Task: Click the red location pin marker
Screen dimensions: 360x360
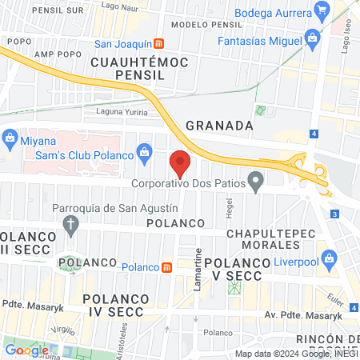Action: pos(181,162)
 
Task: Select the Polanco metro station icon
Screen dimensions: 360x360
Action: pos(166,267)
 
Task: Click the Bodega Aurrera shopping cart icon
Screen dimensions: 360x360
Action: pos(322,13)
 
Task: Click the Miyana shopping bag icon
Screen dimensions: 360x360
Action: pos(10,137)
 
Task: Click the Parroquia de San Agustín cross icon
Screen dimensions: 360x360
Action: pos(70,224)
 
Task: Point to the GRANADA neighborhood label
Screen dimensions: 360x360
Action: pos(219,126)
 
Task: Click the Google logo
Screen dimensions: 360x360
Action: pos(26,350)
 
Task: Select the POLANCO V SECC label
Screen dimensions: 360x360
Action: pos(233,269)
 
